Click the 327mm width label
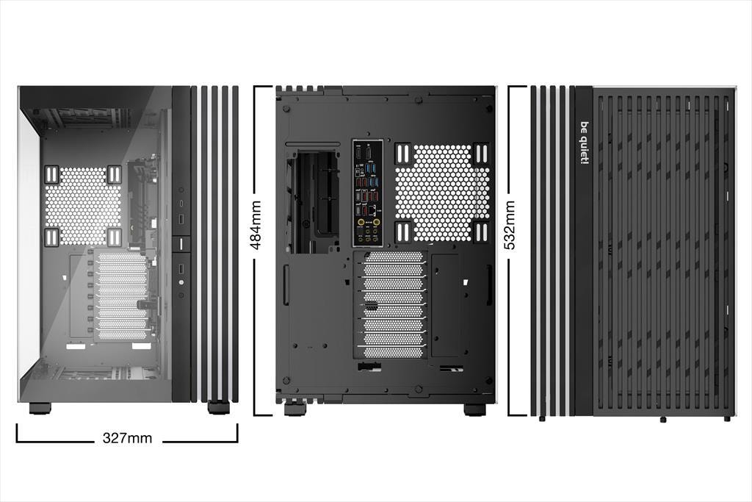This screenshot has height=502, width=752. pos(127,439)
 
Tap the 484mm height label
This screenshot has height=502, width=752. pos(256,226)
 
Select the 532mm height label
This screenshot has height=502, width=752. pos(510,226)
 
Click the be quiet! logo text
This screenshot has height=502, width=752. pos(585,142)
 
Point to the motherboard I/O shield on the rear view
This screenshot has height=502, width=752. pos(367,193)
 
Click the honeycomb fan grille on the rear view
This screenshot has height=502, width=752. pos(442,193)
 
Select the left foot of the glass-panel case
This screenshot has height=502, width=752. pos(40,408)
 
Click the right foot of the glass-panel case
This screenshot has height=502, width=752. pos(218,407)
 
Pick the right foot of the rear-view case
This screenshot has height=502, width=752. pos(474,409)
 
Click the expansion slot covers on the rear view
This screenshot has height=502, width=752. pos(394,304)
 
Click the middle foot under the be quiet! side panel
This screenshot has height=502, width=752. pos(662,419)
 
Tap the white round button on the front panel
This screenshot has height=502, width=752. pos(181,282)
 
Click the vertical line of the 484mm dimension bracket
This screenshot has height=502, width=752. pos(254,331)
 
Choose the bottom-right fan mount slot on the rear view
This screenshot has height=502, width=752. pos(482,232)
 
